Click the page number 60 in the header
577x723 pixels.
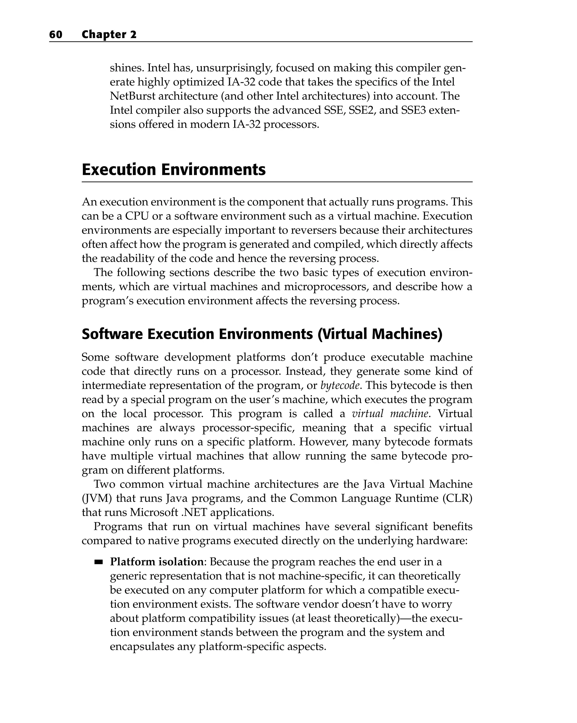(x=56, y=35)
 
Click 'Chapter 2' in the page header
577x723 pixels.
(x=109, y=35)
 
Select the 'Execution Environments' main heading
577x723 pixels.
(x=174, y=170)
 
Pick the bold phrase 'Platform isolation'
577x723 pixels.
(x=157, y=562)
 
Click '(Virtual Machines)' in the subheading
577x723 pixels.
(x=380, y=334)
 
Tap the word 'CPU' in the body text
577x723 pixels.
(x=137, y=216)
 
